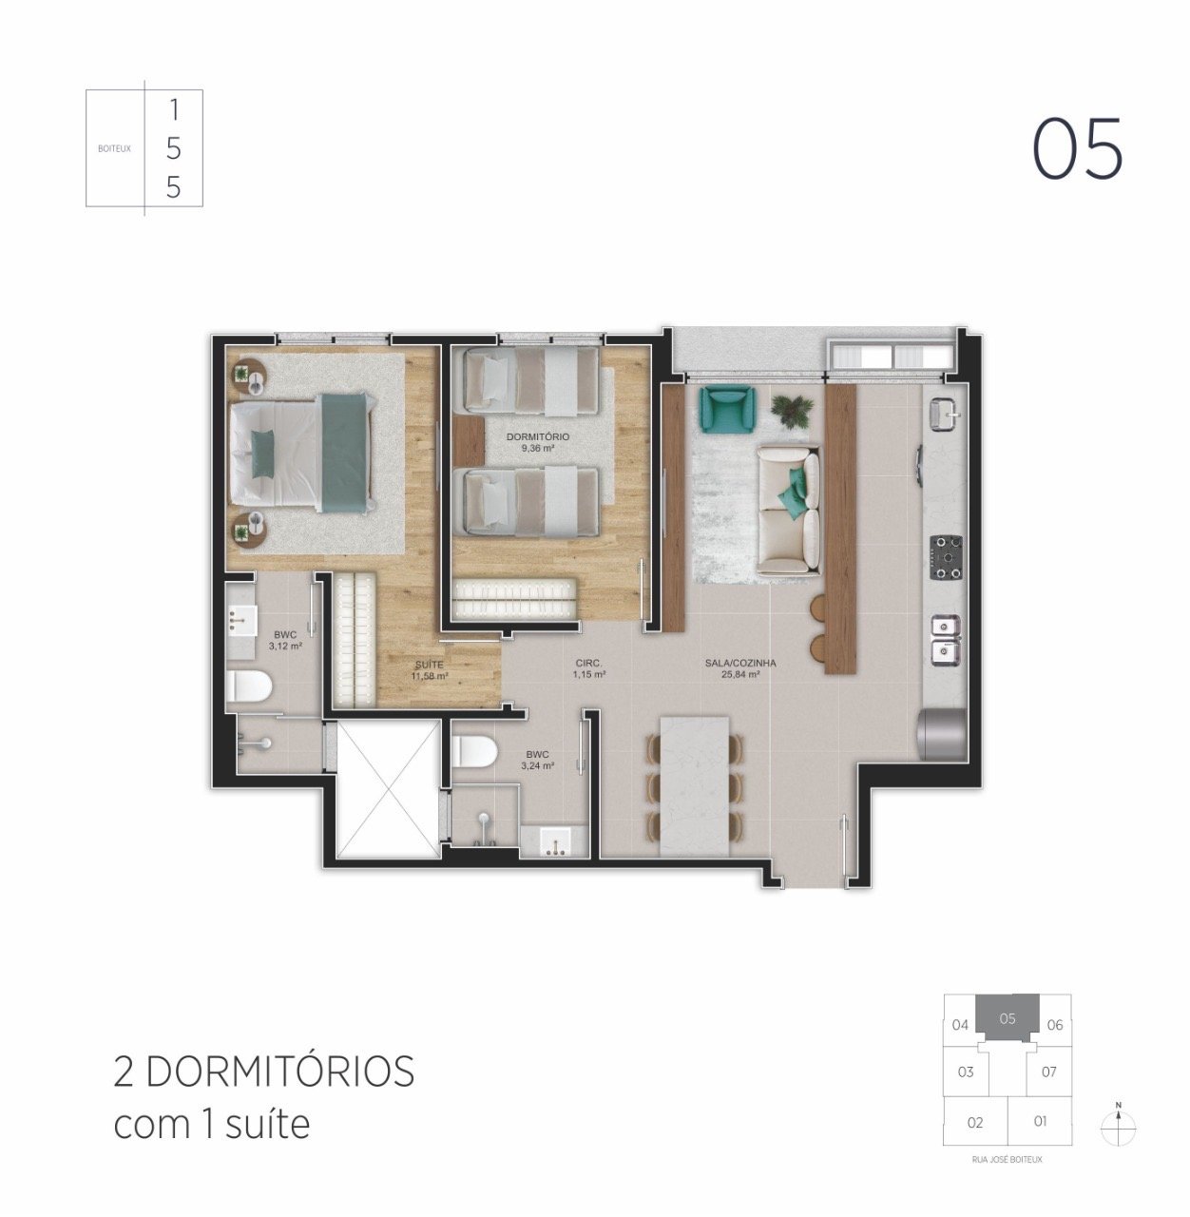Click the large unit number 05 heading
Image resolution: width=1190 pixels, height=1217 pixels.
point(1078,149)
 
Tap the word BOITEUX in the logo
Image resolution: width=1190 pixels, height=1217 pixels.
point(114,148)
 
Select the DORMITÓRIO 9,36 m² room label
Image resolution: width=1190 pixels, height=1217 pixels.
point(538,442)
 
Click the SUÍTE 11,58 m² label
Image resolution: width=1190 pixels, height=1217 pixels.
point(429,670)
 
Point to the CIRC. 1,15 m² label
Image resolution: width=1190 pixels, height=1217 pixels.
point(589,668)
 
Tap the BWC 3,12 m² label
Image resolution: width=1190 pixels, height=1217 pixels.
point(285,640)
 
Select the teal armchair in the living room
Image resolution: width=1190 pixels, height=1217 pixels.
point(726,407)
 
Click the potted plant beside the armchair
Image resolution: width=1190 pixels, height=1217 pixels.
point(792,409)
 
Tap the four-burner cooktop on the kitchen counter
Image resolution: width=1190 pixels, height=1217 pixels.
point(946,556)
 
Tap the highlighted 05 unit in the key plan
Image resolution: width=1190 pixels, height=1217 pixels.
point(1008,1018)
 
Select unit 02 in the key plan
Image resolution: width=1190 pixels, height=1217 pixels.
point(975,1123)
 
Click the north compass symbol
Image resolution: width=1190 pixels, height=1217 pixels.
point(1119,1127)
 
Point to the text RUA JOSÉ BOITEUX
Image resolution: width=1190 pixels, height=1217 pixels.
point(1008,1160)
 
